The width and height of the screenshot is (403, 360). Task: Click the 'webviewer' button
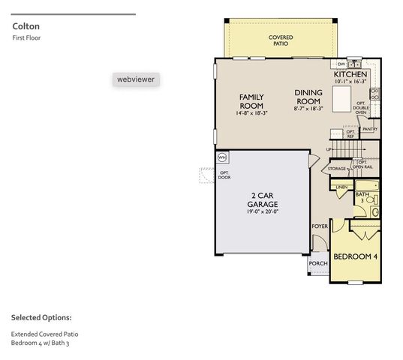137,79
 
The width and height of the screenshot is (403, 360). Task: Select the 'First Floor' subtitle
26,37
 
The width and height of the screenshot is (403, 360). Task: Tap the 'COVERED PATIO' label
281,40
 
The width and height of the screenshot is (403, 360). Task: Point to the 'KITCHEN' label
350,75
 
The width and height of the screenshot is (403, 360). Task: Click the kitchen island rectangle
341,98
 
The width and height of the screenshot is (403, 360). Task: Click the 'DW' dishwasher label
341,64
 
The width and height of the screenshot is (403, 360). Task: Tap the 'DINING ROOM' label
308,96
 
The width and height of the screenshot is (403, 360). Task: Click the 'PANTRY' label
369,129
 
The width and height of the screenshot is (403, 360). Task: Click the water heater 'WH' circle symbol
221,157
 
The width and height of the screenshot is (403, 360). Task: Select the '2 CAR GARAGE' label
264,199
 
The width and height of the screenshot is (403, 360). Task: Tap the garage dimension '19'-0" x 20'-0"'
264,211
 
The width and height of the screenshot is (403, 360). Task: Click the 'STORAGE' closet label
337,169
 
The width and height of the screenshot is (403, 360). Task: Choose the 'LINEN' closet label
341,187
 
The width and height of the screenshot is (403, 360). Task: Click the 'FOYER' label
319,226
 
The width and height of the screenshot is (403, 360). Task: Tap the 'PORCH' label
317,262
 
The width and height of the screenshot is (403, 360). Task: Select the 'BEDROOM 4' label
356,256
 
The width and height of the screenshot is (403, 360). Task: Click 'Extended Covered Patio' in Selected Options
44,333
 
